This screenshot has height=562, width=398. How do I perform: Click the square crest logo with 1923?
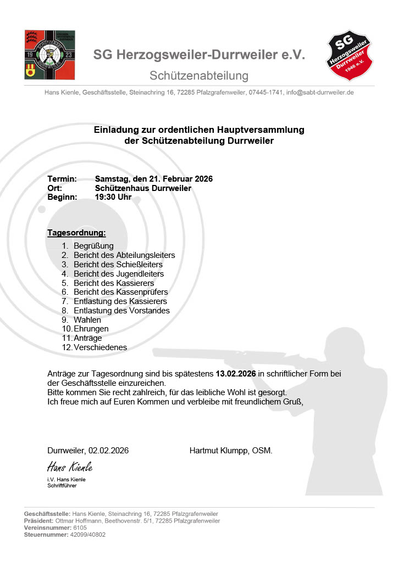pos(49,55)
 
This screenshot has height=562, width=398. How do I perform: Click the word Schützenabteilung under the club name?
pos(199,76)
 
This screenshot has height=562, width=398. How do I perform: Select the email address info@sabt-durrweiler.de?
pos(320,93)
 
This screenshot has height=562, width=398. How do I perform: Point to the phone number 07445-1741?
pos(266,93)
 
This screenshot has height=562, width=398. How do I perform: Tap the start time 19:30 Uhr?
pos(113,196)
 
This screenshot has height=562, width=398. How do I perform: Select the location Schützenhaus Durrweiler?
pos(143,188)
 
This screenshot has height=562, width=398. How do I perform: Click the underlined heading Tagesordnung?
pos(76,233)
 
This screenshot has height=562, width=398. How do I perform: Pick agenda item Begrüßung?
pos(93,246)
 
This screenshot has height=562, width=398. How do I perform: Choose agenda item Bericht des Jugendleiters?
pos(119,273)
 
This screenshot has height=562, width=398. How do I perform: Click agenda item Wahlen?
pos(87,319)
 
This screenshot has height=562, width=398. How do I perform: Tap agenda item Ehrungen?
pos(91,328)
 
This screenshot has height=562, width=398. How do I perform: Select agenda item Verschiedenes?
pos(100,347)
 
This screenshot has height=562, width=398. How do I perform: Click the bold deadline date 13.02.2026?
pos(236,374)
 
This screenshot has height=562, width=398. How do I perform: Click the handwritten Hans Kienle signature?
pos(70,467)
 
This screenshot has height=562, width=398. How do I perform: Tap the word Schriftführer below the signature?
pos(62,486)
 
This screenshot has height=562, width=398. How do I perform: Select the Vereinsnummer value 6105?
pos(80,527)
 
